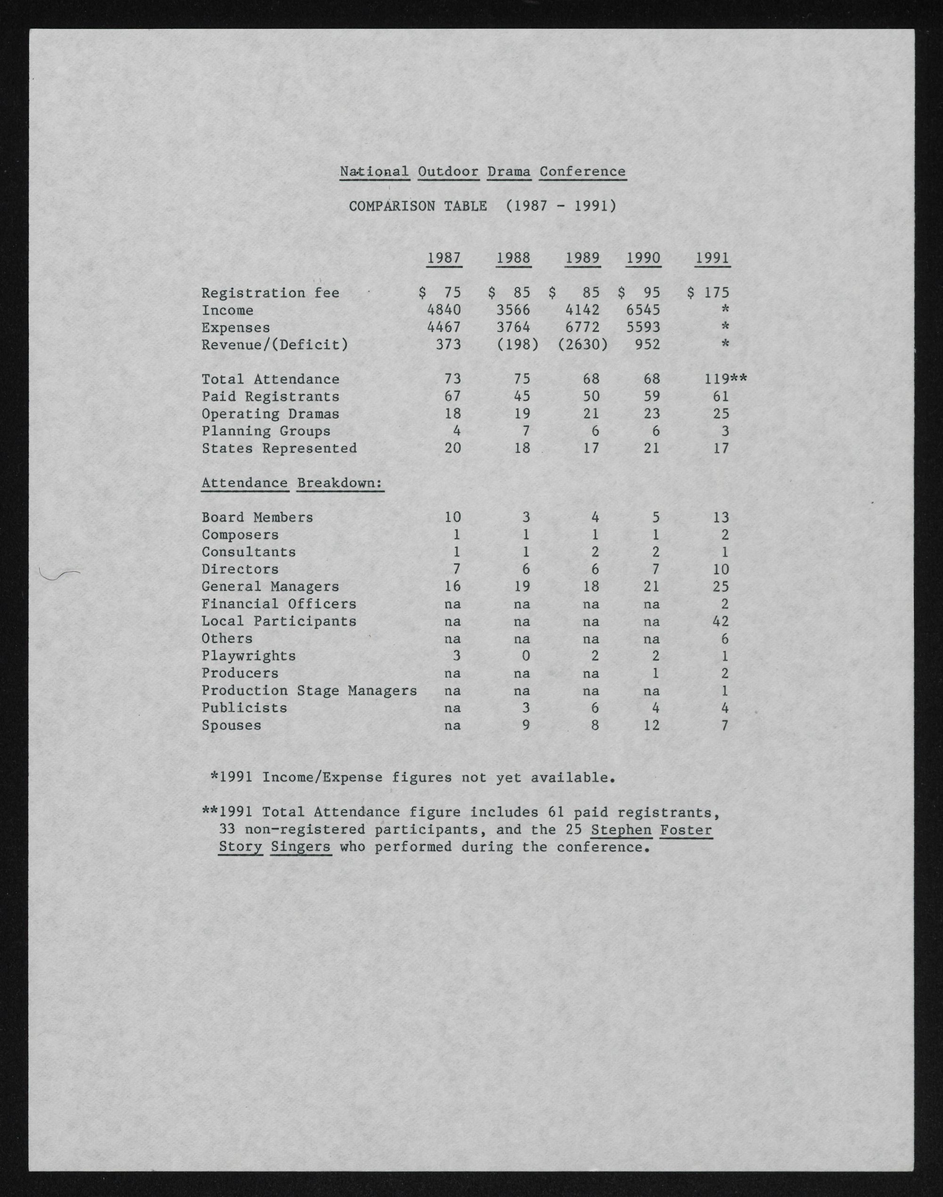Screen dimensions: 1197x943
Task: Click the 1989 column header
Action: point(582,258)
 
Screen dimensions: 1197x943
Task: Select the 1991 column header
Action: point(712,258)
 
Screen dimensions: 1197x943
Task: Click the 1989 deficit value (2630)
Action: point(582,345)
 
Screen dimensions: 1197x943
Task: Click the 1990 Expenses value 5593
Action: point(643,327)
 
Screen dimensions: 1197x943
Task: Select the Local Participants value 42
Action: point(720,621)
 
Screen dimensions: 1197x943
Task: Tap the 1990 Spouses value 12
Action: point(652,725)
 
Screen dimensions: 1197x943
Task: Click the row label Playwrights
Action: point(248,656)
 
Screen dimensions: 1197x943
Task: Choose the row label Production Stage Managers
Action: point(309,691)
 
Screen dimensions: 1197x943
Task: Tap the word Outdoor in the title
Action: point(448,171)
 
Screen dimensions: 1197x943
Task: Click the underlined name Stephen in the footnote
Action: point(621,830)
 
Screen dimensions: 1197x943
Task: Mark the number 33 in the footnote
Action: point(227,830)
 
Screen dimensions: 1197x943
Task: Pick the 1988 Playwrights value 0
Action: point(526,656)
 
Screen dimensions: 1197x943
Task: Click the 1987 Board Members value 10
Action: point(452,517)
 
